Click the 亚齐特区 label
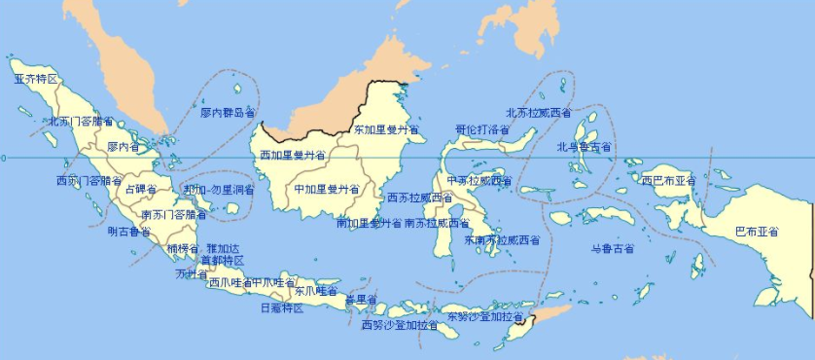click(36, 78)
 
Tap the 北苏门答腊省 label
click(82, 123)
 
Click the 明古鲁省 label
click(129, 232)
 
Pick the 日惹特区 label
click(282, 308)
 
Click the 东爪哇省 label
click(316, 290)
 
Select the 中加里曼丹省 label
click(327, 189)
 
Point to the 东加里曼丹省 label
click(385, 128)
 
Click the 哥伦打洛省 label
click(482, 129)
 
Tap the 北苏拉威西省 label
click(539, 113)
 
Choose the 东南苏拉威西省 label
click(502, 239)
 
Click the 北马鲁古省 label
click(584, 147)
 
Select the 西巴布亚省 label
click(669, 180)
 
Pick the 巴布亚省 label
click(757, 232)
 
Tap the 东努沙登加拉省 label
click(485, 317)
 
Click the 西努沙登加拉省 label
click(401, 325)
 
